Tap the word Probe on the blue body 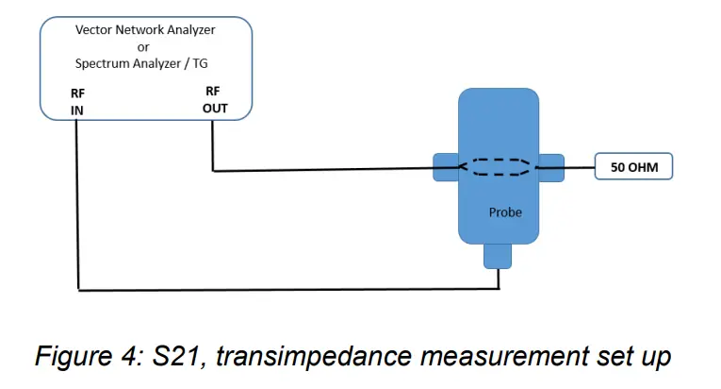pyautogui.click(x=505, y=212)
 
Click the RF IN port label pyautogui.click(x=77, y=102)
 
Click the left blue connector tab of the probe pyautogui.click(x=445, y=167)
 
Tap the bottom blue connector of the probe pyautogui.click(x=498, y=254)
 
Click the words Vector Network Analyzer pyautogui.click(x=145, y=30)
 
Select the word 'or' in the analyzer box pyautogui.click(x=144, y=47)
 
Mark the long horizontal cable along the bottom pyautogui.click(x=283, y=289)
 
